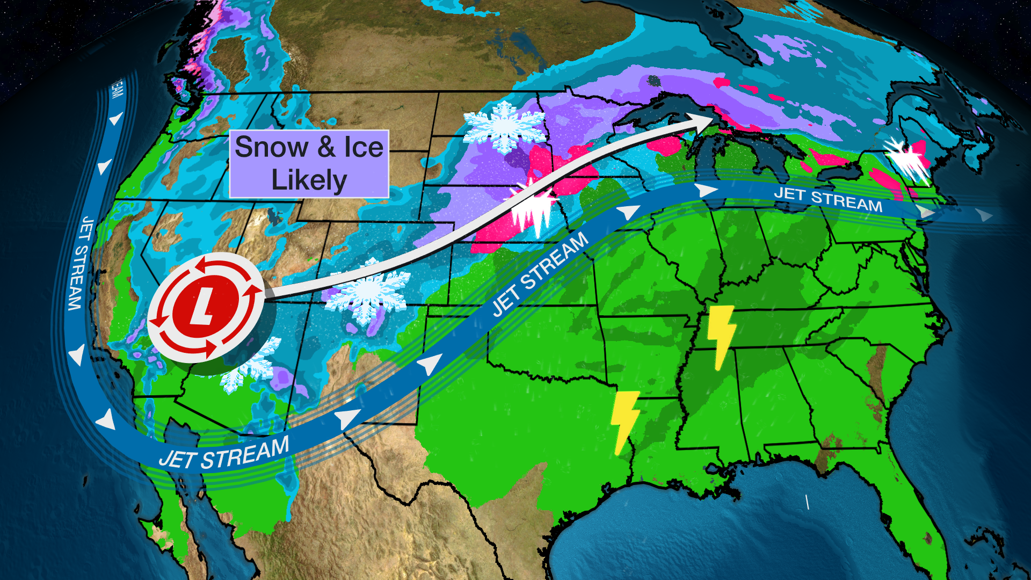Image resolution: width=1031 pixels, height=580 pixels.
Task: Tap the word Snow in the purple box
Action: (x=272, y=147)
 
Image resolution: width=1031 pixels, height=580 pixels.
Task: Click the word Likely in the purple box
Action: (x=309, y=180)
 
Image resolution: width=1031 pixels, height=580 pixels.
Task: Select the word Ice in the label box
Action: (x=364, y=147)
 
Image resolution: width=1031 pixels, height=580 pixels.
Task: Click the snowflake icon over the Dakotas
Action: (x=504, y=127)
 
